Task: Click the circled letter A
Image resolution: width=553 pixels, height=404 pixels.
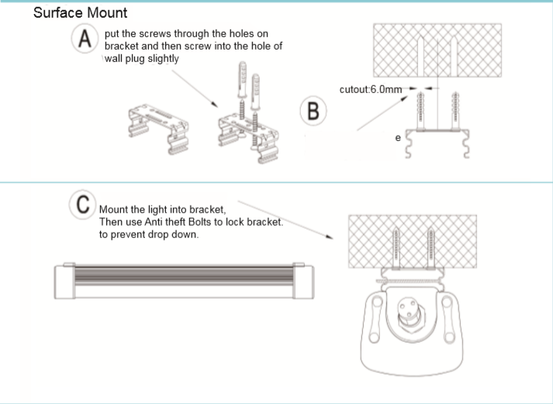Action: [83, 40]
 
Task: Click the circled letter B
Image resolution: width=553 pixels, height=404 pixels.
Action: [311, 109]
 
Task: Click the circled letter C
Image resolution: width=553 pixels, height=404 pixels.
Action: [81, 205]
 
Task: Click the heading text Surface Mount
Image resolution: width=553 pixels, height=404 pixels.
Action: [81, 14]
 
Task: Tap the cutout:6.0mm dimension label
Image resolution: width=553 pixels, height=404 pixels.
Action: [371, 90]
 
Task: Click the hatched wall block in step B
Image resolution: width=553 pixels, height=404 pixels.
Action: [441, 49]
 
